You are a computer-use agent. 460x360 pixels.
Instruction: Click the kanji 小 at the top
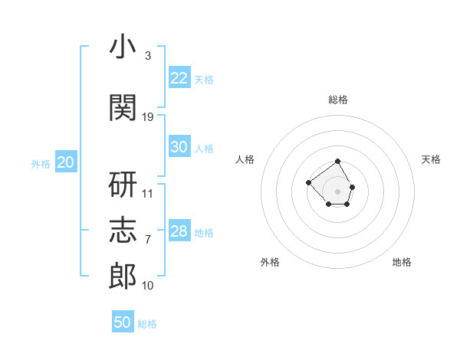coord(123,46)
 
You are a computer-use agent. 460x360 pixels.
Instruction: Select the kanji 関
coord(123,107)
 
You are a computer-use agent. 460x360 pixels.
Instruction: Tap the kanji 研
coord(123,185)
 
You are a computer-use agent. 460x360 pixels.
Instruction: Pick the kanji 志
coord(123,230)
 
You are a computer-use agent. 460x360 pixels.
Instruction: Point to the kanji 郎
coord(123,277)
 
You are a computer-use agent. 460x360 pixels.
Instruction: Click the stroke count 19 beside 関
coord(147,117)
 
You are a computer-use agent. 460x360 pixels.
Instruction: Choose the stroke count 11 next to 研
coord(147,194)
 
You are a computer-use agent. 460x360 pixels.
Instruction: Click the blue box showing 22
coord(179,77)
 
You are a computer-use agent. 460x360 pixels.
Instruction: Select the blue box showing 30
coord(179,146)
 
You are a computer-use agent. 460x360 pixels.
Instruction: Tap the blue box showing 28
coord(179,230)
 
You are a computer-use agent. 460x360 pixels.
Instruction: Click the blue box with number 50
coord(123,321)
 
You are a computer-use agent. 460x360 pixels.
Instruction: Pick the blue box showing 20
coord(66,162)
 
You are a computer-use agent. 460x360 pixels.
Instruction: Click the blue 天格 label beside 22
coord(204,80)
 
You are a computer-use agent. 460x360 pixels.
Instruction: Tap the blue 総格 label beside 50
coord(147,324)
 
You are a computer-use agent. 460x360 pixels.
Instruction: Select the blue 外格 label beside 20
coord(41,164)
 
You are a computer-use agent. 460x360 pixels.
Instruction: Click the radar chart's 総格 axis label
coord(338,100)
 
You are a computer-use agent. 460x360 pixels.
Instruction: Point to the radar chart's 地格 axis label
coord(402,262)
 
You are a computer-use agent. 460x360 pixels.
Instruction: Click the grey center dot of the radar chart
coord(337,191)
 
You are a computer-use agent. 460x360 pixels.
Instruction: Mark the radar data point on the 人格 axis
coord(308,182)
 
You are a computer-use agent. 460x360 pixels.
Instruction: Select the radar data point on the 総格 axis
coord(337,161)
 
